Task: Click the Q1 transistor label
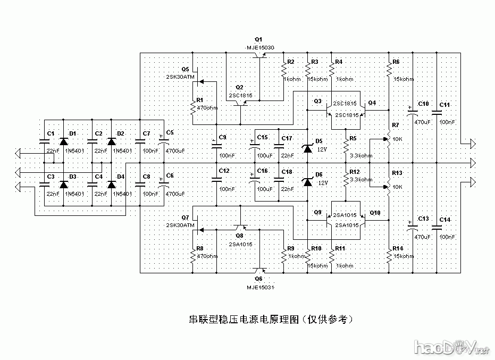coord(259,40)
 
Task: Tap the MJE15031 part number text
coord(260,287)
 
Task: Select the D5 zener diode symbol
coord(307,148)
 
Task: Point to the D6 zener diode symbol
coord(307,182)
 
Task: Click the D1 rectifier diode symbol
coord(64,141)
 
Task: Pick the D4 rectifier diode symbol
coord(111,185)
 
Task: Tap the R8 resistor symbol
coord(192,257)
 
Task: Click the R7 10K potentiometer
coord(389,139)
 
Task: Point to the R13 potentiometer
coord(389,187)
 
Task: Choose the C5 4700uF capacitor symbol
coord(164,142)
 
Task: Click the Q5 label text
coord(185,69)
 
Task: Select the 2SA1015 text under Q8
coord(241,244)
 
